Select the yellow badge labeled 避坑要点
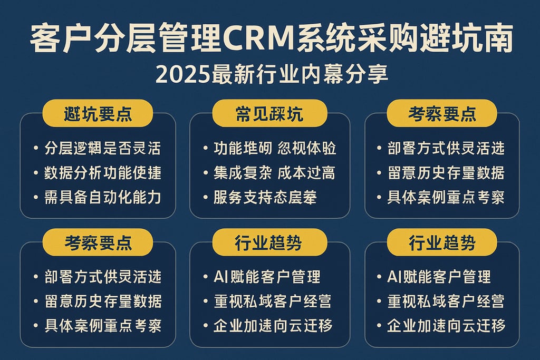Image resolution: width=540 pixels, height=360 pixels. pos(98,114)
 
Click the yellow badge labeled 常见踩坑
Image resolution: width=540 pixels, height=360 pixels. pos(269,114)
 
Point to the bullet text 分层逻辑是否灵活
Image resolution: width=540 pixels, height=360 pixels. pos(103,148)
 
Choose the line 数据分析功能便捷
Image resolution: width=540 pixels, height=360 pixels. pos(103,172)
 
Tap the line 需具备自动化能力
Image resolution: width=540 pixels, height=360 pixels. pos(103,197)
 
